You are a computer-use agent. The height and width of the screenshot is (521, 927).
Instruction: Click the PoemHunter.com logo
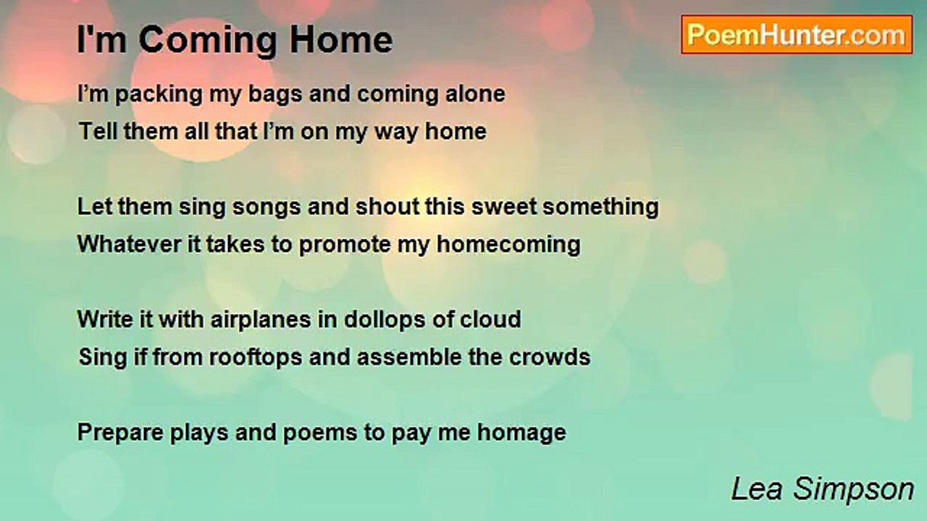[x=797, y=35]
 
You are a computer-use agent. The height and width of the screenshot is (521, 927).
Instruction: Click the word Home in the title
[x=341, y=40]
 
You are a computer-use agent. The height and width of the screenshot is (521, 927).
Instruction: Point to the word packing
[x=159, y=95]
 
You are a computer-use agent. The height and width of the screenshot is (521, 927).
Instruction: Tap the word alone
[x=475, y=94]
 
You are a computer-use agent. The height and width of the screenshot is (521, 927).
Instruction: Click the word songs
[x=266, y=208]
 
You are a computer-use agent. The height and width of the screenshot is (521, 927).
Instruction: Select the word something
[x=600, y=208]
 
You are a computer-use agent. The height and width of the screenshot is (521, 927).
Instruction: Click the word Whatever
[x=129, y=244]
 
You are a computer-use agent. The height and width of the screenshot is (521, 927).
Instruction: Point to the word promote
[x=345, y=245]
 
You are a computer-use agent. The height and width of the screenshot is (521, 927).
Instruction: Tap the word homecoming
[x=508, y=245]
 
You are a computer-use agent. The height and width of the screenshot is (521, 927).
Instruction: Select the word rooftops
[x=256, y=357]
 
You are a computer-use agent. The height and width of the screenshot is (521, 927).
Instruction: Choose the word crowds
[x=550, y=357]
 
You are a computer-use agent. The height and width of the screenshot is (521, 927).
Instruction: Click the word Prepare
[x=120, y=433]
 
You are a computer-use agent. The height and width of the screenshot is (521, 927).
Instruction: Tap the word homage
[x=521, y=433]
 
